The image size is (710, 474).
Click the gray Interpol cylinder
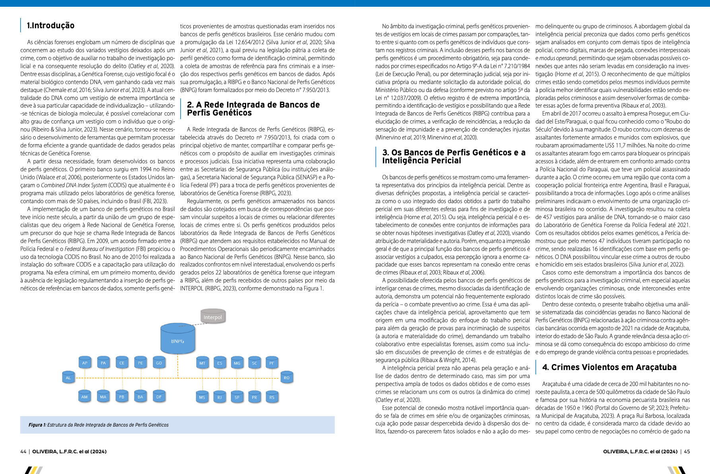click(x=213, y=317)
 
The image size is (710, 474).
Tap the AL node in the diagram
click(x=68, y=378)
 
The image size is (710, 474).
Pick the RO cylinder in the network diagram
click(x=286, y=378)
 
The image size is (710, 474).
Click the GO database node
click(x=159, y=362)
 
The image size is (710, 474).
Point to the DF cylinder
click(x=159, y=397)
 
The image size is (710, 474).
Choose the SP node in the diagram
click(x=237, y=397)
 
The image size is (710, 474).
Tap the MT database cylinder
click(x=202, y=363)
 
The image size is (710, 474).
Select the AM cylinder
click(x=84, y=397)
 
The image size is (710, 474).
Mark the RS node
click(x=272, y=397)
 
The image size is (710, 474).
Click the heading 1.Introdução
click(x=51, y=25)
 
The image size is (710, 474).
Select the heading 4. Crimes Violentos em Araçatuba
click(x=609, y=367)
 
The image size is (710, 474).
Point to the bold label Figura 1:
click(x=37, y=425)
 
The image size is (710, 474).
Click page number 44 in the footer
click(x=23, y=451)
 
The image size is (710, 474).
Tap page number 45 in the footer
click(x=687, y=451)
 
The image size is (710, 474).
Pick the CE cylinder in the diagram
click(x=122, y=362)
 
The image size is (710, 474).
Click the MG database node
click(x=237, y=363)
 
